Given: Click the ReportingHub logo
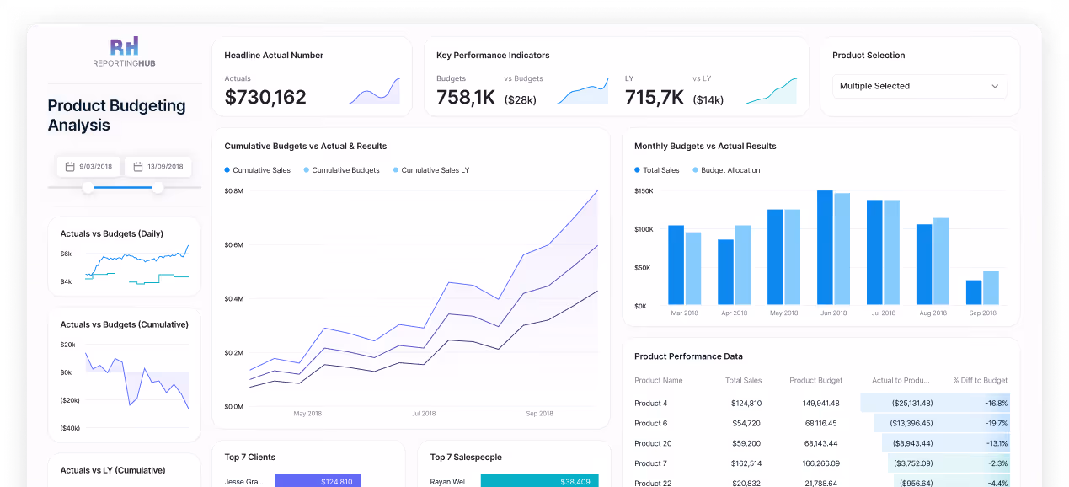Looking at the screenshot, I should pyautogui.click(x=125, y=52).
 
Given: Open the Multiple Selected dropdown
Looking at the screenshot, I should pyautogui.click(x=919, y=86).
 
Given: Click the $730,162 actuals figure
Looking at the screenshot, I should pyautogui.click(x=265, y=98).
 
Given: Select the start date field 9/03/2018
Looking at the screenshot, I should pyautogui.click(x=89, y=167).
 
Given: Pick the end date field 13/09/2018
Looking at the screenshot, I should pyautogui.click(x=158, y=167).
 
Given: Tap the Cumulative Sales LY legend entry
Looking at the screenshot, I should pyautogui.click(x=430, y=170).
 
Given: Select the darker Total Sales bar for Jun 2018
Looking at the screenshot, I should pyautogui.click(x=825, y=248).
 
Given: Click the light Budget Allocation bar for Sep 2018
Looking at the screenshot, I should pyautogui.click(x=991, y=288).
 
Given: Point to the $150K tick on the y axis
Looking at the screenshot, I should pyautogui.click(x=644, y=191).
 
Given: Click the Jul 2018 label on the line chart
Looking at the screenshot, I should pyautogui.click(x=424, y=414).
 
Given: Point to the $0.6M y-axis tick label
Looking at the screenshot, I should pyautogui.click(x=233, y=245).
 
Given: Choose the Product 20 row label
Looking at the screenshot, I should pyautogui.click(x=653, y=443).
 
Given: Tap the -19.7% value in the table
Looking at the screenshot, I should pyautogui.click(x=996, y=423).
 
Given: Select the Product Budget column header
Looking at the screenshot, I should pyautogui.click(x=815, y=381).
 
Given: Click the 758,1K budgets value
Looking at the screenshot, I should pyautogui.click(x=466, y=98).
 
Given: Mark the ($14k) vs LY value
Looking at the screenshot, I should pyautogui.click(x=708, y=100).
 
